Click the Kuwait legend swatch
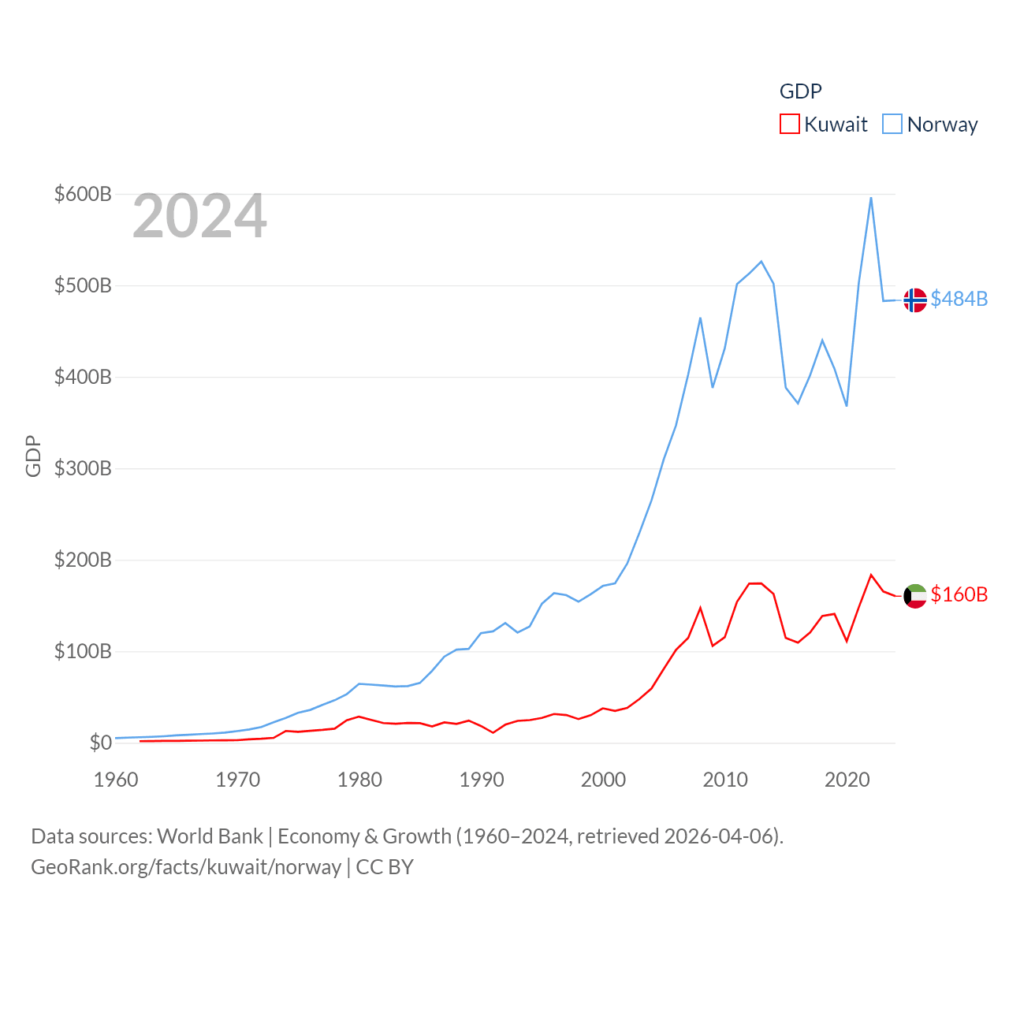pos(789,124)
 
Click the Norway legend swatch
pos(892,124)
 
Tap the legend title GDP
pos(800,91)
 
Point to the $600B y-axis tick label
pos(83,194)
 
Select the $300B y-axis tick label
pos(83,468)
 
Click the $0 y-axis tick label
pos(100,743)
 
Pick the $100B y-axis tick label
pos(83,651)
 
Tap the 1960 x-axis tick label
pos(116,780)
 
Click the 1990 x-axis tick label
pos(482,780)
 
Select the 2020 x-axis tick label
pos(847,780)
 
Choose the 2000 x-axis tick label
pos(603,780)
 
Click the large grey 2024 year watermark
pos(199,216)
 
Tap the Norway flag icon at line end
pos(914,300)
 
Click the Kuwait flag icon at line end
pos(914,596)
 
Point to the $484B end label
pos(959,299)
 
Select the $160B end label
pos(959,594)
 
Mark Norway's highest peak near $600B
pos(871,198)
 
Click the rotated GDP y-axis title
pos(33,456)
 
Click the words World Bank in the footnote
pos(210,836)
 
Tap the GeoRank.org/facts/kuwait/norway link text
pos(186,867)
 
